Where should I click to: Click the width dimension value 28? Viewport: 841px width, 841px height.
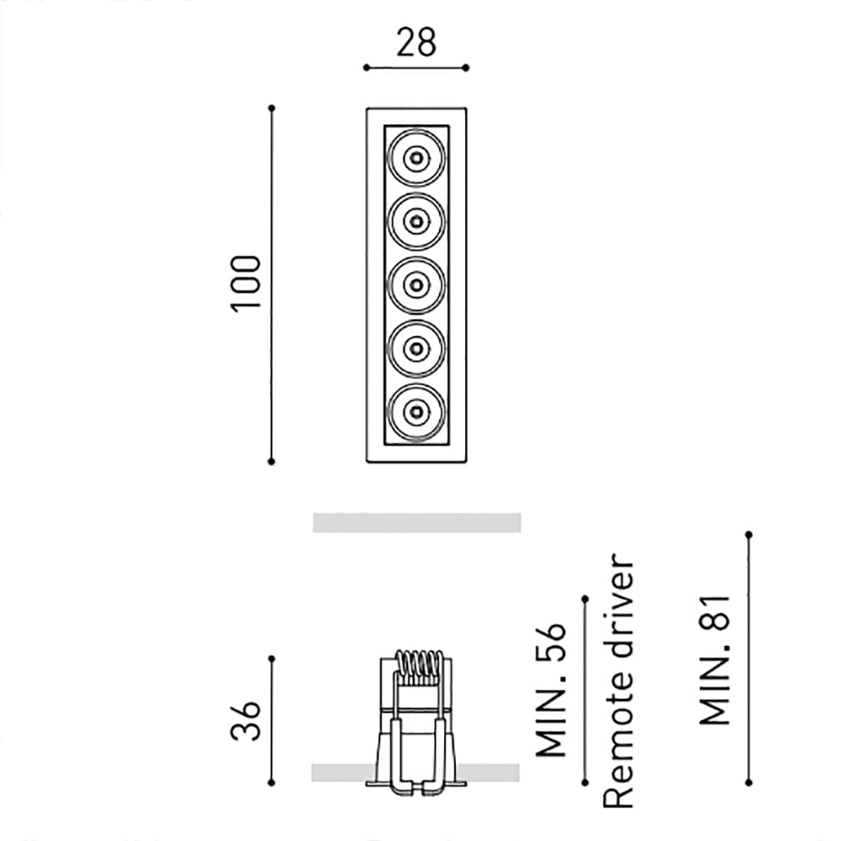tap(416, 42)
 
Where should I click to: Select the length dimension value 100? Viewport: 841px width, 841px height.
tap(246, 283)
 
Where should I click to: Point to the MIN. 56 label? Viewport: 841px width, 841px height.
tap(552, 690)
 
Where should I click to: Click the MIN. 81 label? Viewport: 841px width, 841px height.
tap(716, 659)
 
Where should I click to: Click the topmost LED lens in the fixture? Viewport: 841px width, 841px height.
tap(415, 157)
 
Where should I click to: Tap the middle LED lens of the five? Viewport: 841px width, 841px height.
tap(415, 285)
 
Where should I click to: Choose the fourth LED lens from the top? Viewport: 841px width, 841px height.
tap(415, 348)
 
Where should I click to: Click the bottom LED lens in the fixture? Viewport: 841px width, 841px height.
tap(415, 412)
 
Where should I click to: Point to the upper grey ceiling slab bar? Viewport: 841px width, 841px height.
tap(416, 522)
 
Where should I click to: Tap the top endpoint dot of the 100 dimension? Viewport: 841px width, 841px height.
tap(272, 108)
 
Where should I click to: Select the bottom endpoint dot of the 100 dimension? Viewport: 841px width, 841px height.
tap(272, 461)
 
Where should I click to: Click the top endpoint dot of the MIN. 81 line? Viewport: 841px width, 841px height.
tap(748, 534)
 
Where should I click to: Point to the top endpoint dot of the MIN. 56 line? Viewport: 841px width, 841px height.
tap(584, 598)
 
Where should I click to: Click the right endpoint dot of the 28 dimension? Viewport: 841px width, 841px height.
tap(466, 67)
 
